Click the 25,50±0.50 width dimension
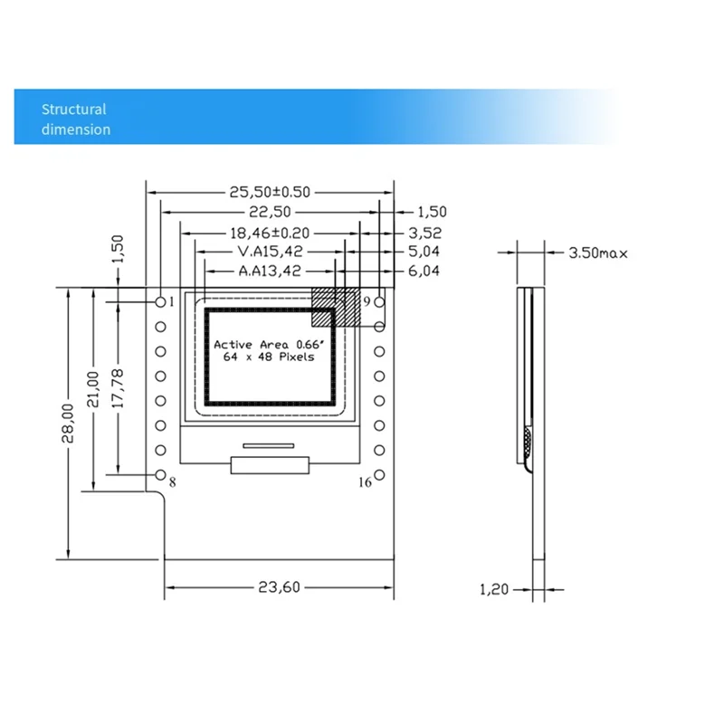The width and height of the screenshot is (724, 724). point(269,192)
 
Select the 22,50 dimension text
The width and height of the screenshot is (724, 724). point(270,212)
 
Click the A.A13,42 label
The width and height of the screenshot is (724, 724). point(269,271)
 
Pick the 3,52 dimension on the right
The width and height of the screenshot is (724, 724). point(424,232)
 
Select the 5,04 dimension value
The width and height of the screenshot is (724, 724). point(424,251)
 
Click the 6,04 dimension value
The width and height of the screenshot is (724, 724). point(424,271)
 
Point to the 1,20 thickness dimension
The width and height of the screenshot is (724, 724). point(493,589)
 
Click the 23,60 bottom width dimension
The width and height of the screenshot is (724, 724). point(279,587)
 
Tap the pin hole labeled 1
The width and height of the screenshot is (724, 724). point(161,301)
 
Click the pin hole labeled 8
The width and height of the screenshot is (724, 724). point(161,475)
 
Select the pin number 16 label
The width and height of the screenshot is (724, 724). point(365,482)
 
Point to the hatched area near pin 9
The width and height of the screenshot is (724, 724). point(335,307)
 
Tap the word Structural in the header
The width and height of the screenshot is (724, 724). point(73,110)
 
